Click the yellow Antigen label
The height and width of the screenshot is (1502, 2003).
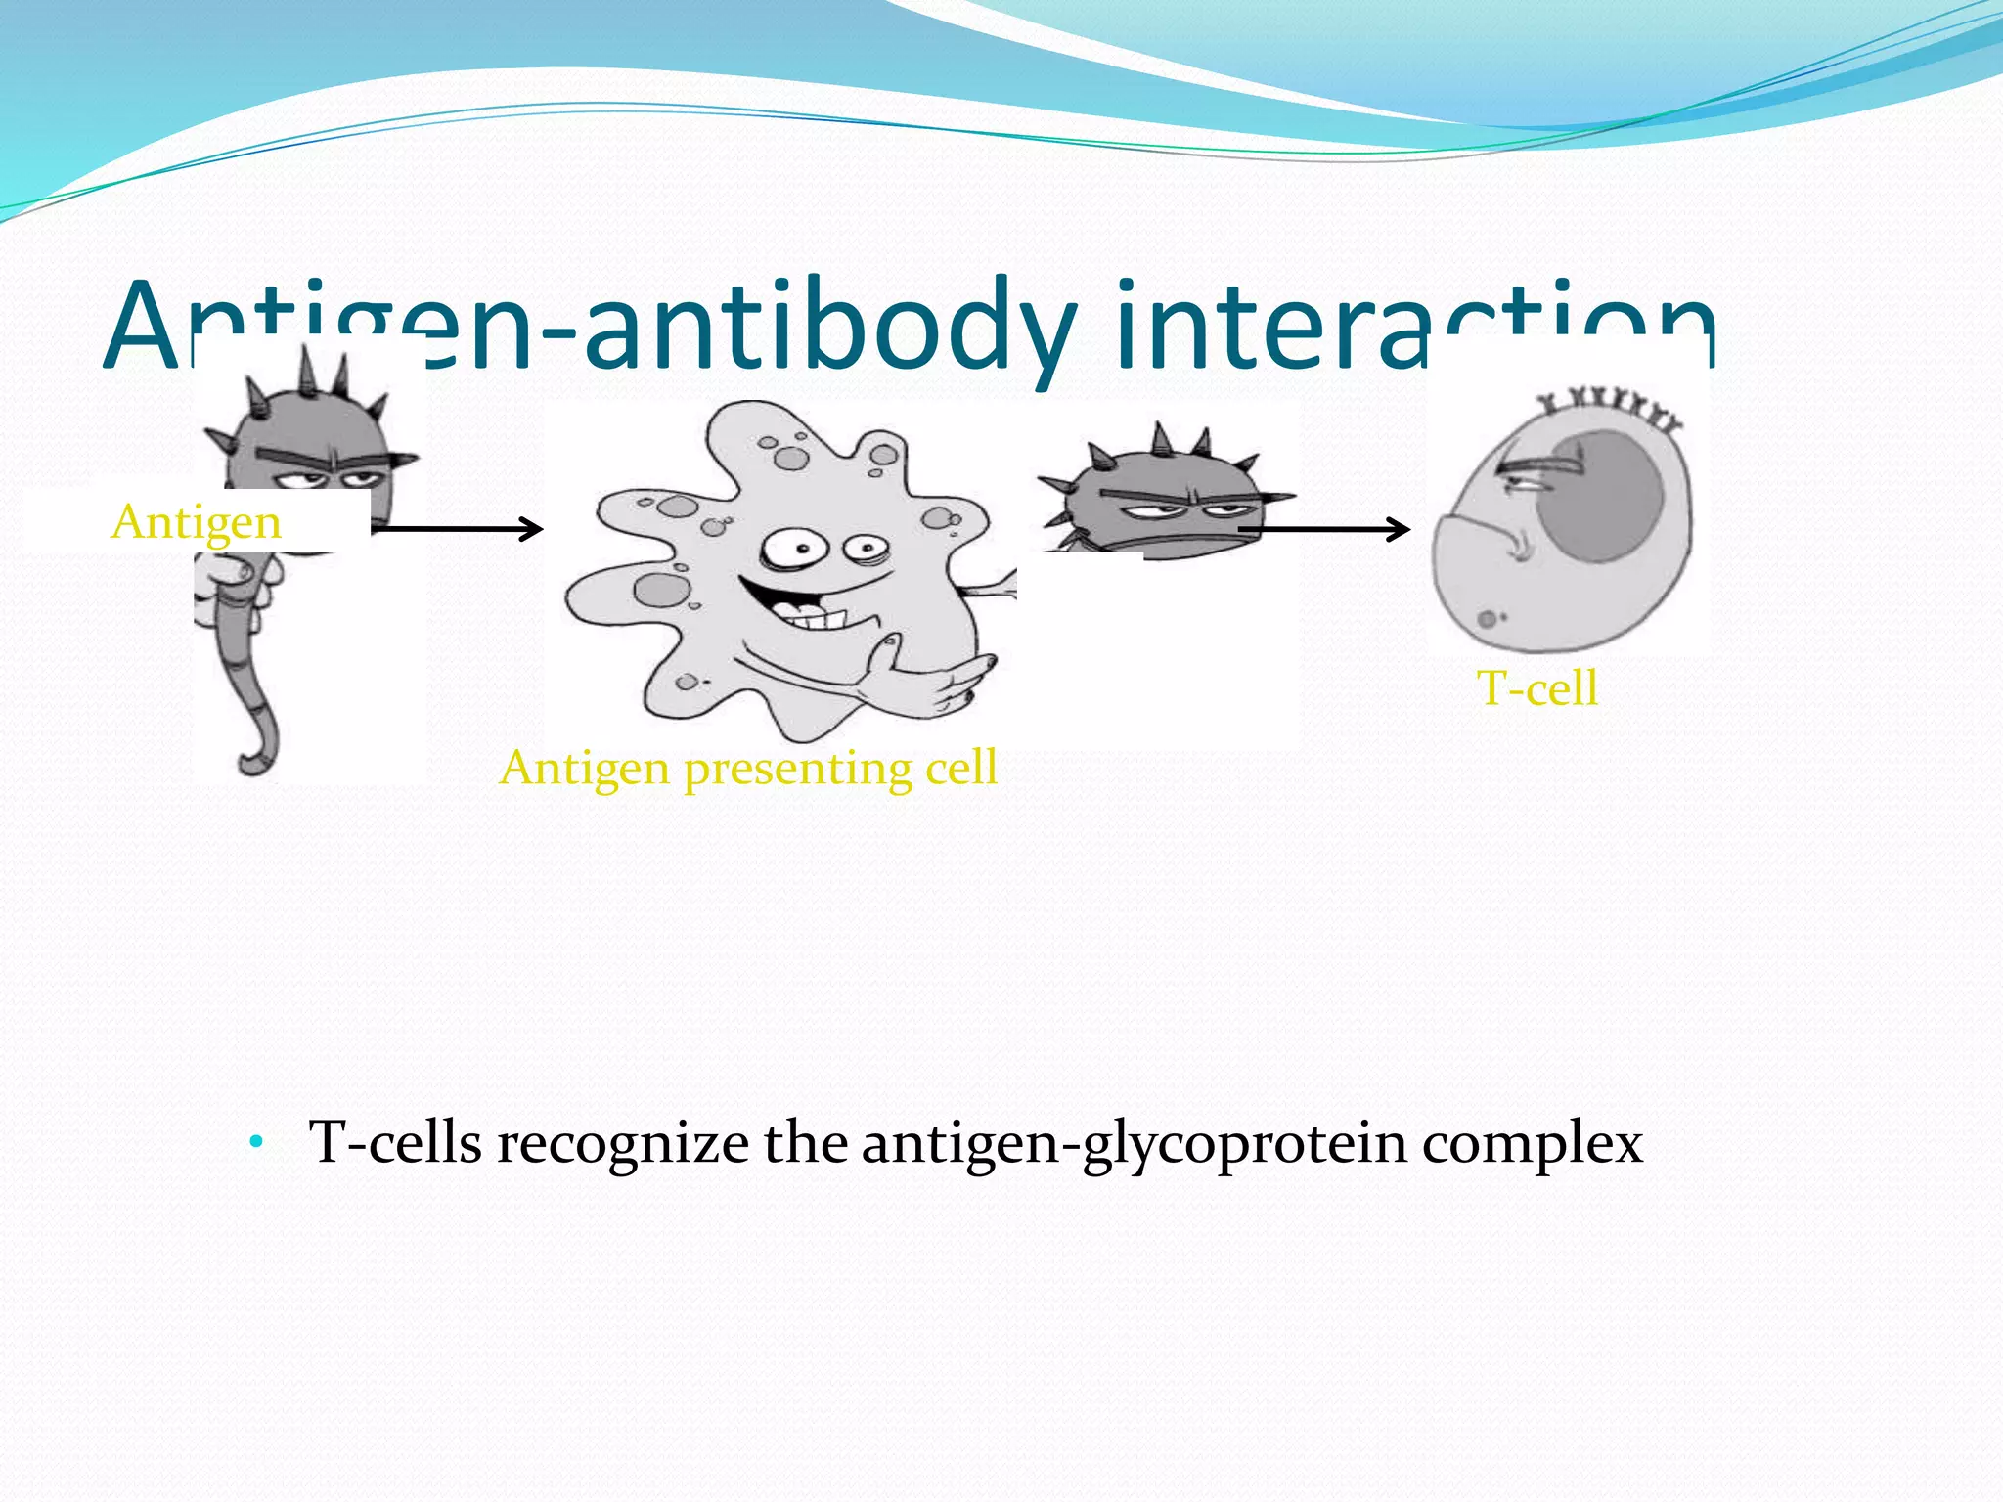coord(197,522)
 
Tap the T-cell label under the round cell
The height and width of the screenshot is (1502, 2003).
coord(1536,688)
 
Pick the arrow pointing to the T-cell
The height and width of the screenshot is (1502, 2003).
coord(1325,529)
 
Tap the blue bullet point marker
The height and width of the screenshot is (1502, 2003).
coord(257,1141)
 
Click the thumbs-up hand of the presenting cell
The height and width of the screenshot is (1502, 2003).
coord(929,675)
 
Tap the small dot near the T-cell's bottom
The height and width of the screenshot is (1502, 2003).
coord(1487,619)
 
